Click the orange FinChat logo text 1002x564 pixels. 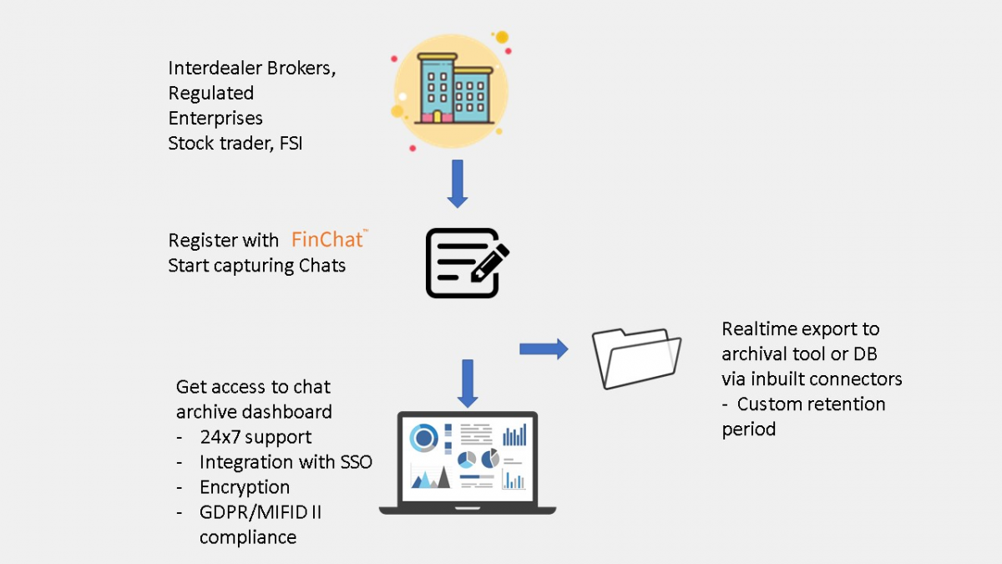pyautogui.click(x=327, y=241)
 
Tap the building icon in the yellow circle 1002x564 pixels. pyautogui.click(x=450, y=90)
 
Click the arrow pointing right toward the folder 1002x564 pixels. pyautogui.click(x=543, y=348)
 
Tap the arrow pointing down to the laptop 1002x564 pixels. pyautogui.click(x=468, y=383)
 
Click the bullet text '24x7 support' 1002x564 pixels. pyautogui.click(x=256, y=437)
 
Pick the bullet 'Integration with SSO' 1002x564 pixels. pyautogui.click(x=286, y=462)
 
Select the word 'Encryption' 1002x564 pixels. pyautogui.click(x=245, y=487)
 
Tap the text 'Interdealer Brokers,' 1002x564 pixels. pyautogui.click(x=252, y=69)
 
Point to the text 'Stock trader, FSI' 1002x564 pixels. pyautogui.click(x=235, y=143)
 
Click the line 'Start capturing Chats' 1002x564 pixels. pyautogui.click(x=256, y=266)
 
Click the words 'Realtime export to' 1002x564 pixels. pyautogui.click(x=801, y=328)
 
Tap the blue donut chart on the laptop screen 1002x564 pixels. pyautogui.click(x=424, y=437)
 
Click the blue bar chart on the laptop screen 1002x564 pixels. pyautogui.click(x=514, y=434)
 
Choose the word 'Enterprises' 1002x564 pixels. pyautogui.click(x=215, y=118)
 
